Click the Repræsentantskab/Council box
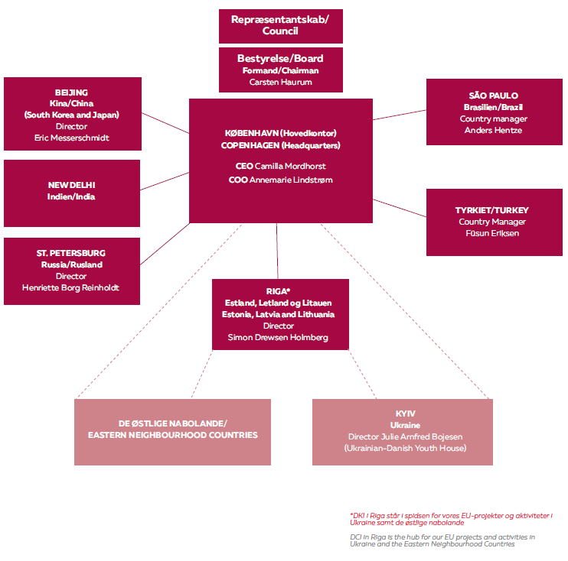[x=280, y=26]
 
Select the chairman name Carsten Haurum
[x=280, y=82]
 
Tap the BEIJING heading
[x=71, y=92]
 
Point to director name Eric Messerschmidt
[x=72, y=138]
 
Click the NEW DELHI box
[x=72, y=191]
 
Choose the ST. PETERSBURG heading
[x=71, y=253]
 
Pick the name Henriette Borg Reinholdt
[x=71, y=287]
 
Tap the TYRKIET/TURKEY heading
[x=498, y=210]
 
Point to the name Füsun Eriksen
[x=498, y=233]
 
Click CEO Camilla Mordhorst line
[x=280, y=165]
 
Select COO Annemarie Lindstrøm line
[x=280, y=180]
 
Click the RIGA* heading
[x=280, y=291]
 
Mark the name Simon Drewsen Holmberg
[x=280, y=337]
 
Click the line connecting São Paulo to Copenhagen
[x=400, y=114]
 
